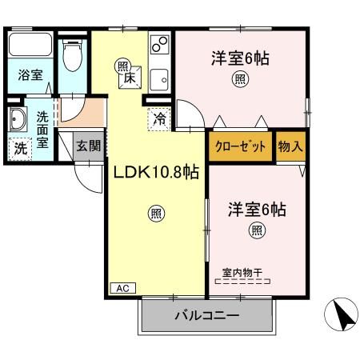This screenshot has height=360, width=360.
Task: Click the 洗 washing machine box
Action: click(x=19, y=148)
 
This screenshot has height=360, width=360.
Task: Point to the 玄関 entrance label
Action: click(x=87, y=146)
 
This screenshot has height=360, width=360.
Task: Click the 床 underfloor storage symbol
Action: click(x=127, y=78)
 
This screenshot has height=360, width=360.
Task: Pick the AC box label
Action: click(x=122, y=288)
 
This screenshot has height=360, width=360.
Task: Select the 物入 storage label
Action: click(x=290, y=148)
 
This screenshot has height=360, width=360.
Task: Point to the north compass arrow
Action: click(x=342, y=314)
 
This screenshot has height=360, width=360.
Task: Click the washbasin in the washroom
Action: click(x=17, y=120)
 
